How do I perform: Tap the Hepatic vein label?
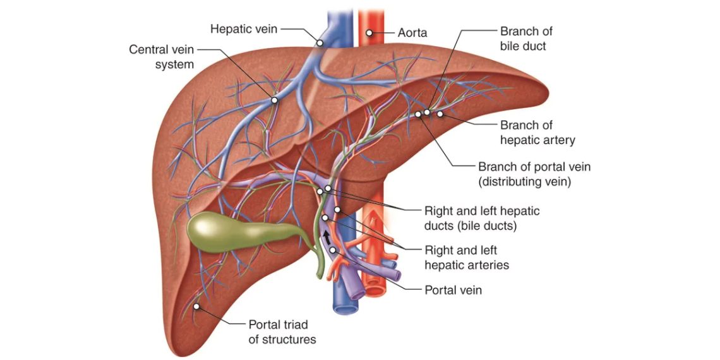pos(243,29)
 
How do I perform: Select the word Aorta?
pos(412,33)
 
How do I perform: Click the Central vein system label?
pos(162,56)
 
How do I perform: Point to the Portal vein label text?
pos(453,290)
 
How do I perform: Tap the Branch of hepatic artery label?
pos(537,133)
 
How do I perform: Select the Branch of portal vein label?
pos(534,174)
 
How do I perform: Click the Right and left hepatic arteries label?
pos(466,258)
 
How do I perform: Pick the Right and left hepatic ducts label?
pos(481,217)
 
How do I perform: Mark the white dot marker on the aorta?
pos(369,33)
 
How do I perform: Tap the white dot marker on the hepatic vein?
pos(320,43)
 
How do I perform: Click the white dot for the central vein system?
pos(275,99)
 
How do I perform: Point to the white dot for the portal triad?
pos(196,307)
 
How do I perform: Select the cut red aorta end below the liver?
pos(374,291)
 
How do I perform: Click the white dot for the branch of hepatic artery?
pos(440,114)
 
